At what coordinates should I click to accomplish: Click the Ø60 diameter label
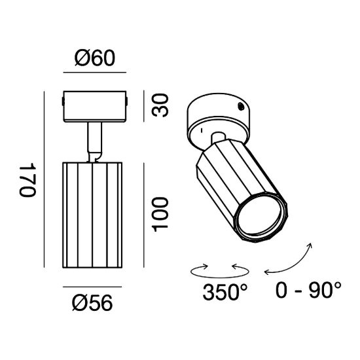coord(95,58)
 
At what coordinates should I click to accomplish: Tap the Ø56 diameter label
coord(92,302)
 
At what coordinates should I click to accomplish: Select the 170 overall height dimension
coord(27,180)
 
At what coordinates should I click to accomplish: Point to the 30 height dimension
coord(160,105)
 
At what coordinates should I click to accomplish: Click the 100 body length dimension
coord(160,215)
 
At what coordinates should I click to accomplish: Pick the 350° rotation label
coord(225,292)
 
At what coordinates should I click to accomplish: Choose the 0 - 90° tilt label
coord(308,290)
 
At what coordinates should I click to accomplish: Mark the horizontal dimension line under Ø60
coord(95,72)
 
